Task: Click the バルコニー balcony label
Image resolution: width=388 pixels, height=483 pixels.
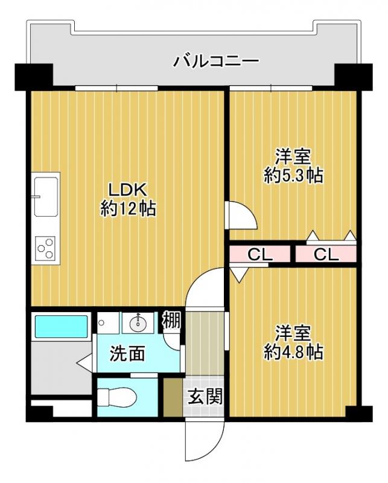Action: tap(217, 61)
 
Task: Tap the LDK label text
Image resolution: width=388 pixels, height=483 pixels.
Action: tap(128, 189)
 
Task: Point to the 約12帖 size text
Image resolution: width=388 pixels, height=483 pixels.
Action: tap(128, 209)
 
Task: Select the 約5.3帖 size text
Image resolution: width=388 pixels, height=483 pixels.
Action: tap(294, 176)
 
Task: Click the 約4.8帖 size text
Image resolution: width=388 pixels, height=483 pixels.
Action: tap(294, 351)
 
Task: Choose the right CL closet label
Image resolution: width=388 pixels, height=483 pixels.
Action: tap(326, 255)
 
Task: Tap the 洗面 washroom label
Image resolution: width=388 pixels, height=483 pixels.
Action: tap(127, 354)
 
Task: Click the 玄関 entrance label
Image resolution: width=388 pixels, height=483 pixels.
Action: tap(205, 397)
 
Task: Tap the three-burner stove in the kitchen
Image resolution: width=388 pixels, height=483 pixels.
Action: tap(46, 248)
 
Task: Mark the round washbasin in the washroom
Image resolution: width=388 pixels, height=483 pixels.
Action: tap(136, 324)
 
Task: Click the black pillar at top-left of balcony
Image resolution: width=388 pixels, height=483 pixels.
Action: tap(33, 75)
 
